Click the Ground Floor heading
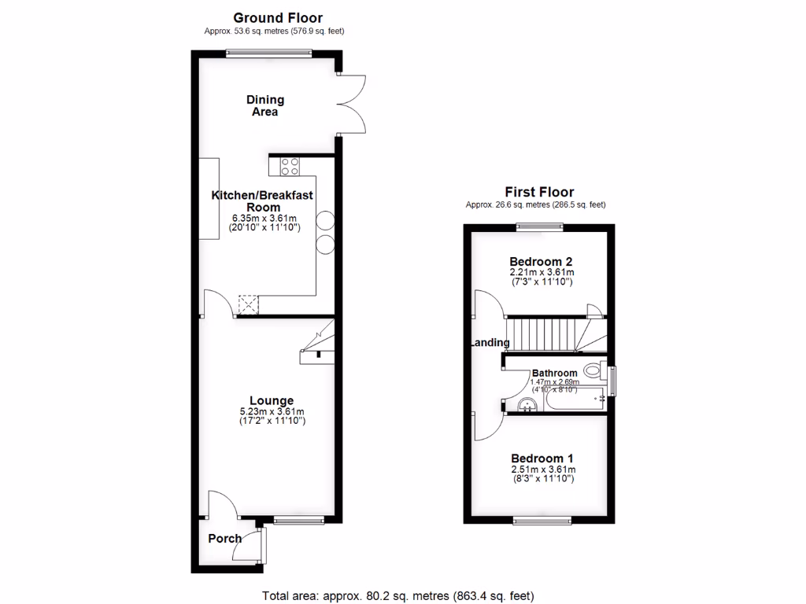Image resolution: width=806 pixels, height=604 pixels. pos(278,17)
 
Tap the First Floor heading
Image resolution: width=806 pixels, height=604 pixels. pos(538,192)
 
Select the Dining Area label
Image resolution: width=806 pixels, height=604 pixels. pos(265,105)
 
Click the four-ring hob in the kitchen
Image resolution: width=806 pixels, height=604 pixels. pos(288,166)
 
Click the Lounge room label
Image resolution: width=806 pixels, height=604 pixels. pos(272,400)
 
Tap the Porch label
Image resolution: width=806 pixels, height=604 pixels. pos(224,539)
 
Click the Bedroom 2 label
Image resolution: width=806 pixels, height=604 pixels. pos(540,262)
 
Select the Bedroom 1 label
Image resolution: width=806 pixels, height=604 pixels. pos(542,459)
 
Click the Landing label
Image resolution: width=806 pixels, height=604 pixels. pos(490,343)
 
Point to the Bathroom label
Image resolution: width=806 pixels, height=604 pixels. pos(554,373)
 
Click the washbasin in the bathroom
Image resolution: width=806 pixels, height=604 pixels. pos(528,404)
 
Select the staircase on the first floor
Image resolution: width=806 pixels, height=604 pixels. pos(551,333)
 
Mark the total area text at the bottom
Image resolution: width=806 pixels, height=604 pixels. pos(402,595)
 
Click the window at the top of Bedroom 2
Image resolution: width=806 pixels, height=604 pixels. pos(540,227)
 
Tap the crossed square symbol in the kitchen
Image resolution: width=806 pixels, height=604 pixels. pos(248,304)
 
